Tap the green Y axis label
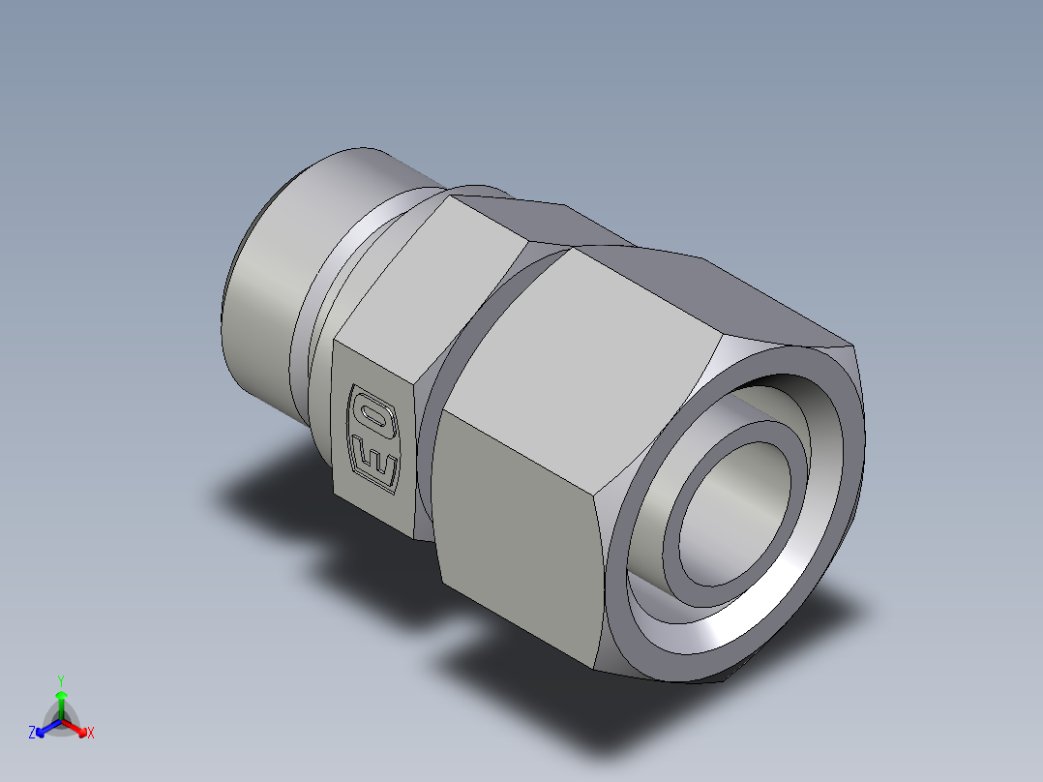(x=61, y=680)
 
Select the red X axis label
(x=91, y=734)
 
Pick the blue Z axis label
(x=32, y=734)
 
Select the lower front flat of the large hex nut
(x=522, y=542)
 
